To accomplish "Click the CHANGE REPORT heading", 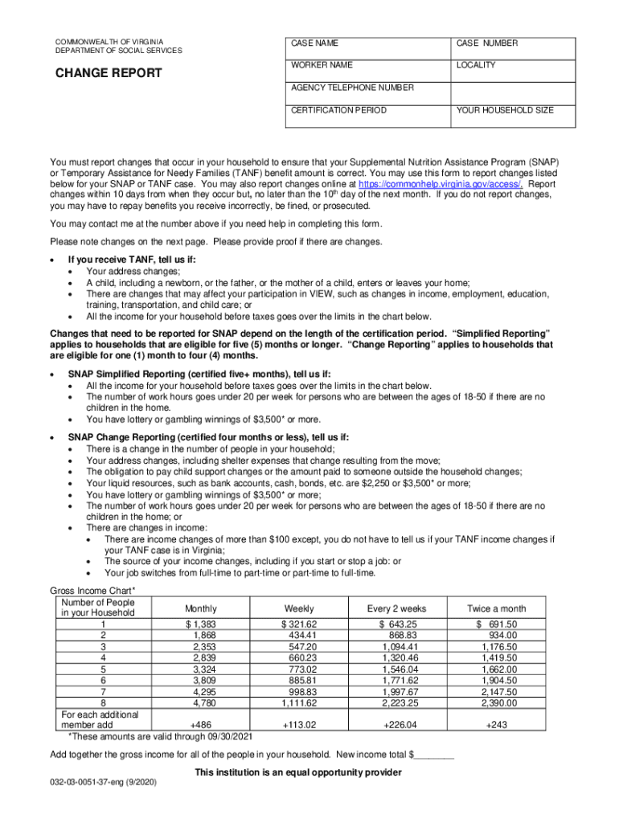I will [x=108, y=73].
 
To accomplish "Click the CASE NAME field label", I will [x=314, y=43].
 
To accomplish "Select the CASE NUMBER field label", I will [x=487, y=43].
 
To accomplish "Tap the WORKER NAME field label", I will [x=322, y=64].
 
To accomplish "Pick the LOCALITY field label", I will [x=476, y=64].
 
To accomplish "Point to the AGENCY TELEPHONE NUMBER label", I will [x=352, y=87].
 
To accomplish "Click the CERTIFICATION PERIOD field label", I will [x=338, y=109].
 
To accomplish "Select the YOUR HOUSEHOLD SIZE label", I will [x=505, y=109].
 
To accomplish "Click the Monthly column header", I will [x=199, y=608].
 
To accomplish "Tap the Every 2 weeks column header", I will [x=396, y=608].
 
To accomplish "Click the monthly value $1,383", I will [x=200, y=624].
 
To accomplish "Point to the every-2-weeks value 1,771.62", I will [x=400, y=679].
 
